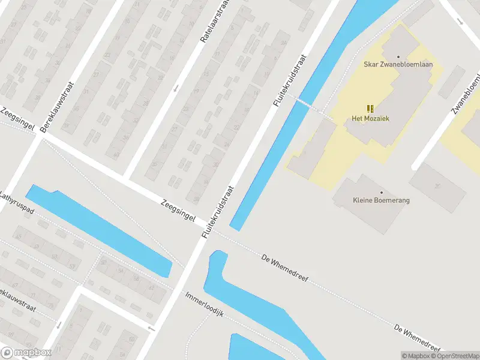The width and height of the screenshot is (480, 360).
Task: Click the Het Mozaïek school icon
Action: coord(370,108)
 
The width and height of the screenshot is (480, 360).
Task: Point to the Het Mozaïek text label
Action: coord(370,118)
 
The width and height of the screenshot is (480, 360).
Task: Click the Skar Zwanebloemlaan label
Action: coord(398,64)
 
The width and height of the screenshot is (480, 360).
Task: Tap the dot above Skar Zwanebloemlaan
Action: coord(398,56)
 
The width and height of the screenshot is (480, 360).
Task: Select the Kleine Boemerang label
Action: coord(381,200)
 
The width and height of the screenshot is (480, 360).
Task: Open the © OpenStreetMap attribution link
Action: coord(455,356)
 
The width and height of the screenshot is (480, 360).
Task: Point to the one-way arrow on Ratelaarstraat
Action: coord(176,89)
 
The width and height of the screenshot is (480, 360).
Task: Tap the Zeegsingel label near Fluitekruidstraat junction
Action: coord(178,210)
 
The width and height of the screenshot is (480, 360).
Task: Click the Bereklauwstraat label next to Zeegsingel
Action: coord(57,107)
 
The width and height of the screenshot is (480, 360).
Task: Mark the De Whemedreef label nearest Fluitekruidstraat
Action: coord(284,267)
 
